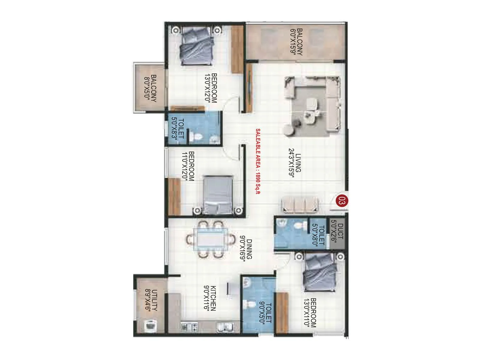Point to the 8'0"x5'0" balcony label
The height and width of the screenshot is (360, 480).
coord(150,88)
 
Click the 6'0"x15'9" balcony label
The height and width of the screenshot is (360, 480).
coord(296,42)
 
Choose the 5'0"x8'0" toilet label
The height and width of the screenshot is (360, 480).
coord(319,236)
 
